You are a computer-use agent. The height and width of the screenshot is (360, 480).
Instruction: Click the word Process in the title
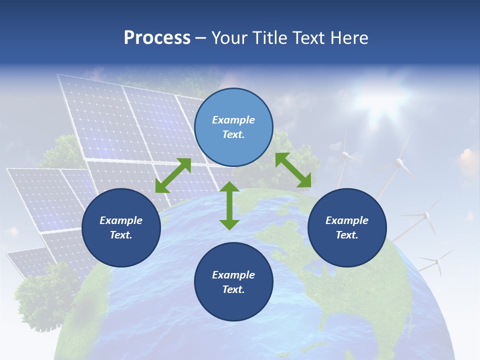click(157, 38)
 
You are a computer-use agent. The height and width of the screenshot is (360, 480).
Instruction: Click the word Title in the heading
click(269, 38)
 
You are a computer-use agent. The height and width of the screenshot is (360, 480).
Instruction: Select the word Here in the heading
click(349, 38)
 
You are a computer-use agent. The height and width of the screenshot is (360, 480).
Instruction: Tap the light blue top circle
click(233, 127)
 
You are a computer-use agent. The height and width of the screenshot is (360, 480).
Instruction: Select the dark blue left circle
click(121, 228)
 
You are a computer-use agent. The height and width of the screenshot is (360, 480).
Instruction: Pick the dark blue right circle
click(347, 228)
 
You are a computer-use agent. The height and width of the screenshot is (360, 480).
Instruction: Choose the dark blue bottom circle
click(233, 282)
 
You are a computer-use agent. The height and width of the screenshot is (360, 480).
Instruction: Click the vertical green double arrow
click(229, 205)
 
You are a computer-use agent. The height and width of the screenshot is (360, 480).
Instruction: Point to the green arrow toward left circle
click(173, 175)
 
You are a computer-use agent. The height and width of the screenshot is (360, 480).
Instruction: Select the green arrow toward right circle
click(293, 170)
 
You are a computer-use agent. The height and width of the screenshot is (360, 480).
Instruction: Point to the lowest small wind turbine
click(436, 261)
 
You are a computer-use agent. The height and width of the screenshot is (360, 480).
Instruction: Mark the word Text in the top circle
click(233, 135)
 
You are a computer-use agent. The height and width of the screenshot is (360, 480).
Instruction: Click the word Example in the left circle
click(121, 220)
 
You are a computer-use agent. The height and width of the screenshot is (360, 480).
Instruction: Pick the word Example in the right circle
click(347, 220)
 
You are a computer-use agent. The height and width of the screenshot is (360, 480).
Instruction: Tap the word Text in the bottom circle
click(233, 289)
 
